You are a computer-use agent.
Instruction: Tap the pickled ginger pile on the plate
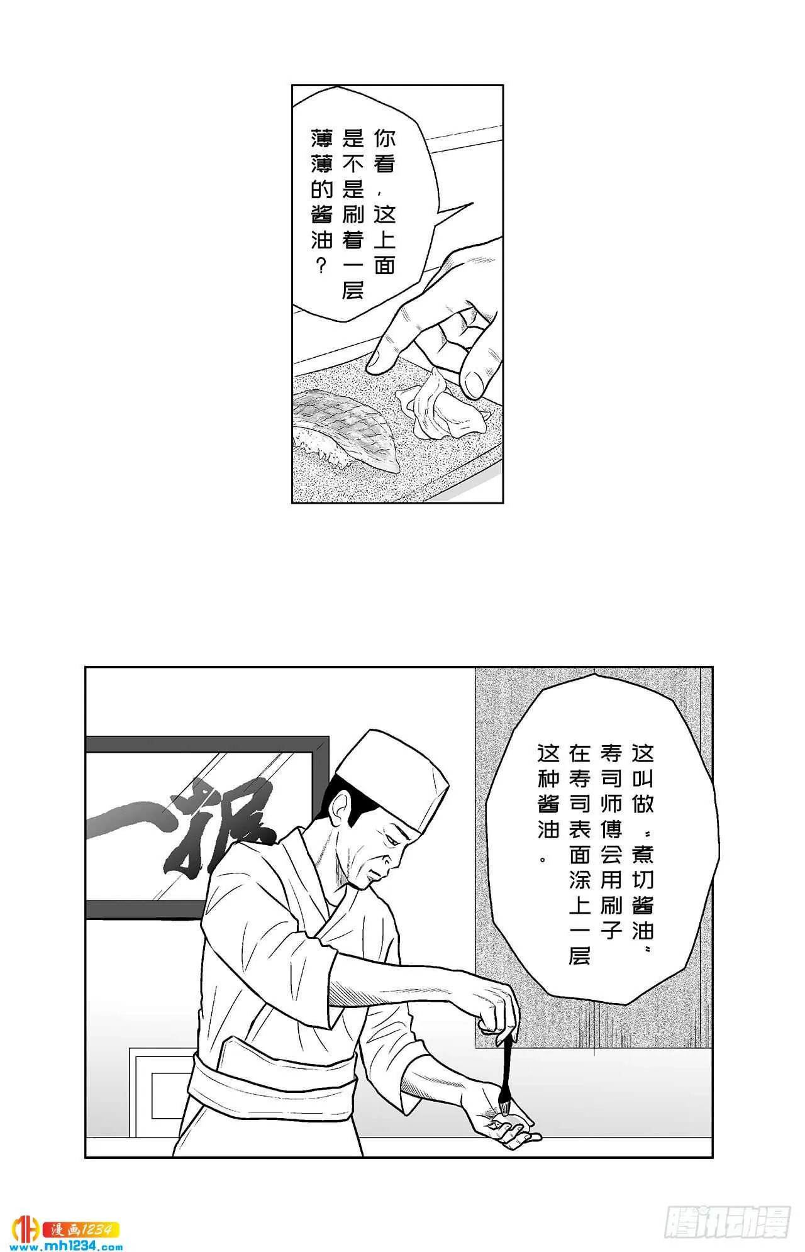click(447, 406)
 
